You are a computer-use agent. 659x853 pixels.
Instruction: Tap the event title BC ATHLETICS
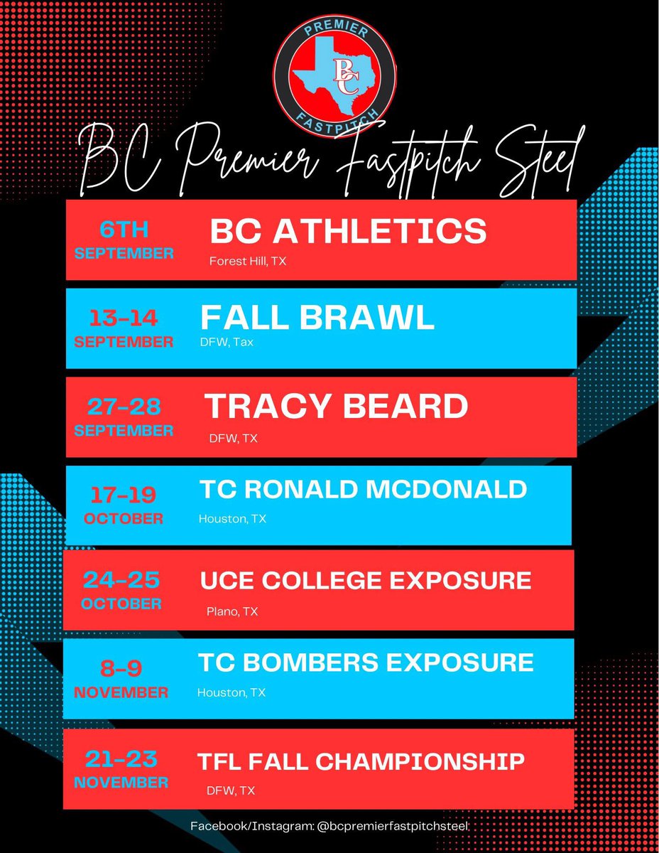(x=348, y=232)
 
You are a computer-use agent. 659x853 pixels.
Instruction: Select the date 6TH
(x=124, y=231)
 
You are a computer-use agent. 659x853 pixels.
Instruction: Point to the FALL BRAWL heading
(x=317, y=318)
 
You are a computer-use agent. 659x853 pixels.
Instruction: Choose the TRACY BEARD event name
(x=337, y=406)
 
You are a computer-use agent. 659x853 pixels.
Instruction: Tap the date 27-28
(x=124, y=407)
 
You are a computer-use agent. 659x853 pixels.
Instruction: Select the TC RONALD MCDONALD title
(x=363, y=489)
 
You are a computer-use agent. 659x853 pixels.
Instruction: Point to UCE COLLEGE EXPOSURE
(x=366, y=580)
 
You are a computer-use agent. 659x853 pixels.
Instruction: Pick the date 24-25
(x=121, y=581)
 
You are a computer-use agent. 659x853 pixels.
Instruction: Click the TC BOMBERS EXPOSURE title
(x=366, y=662)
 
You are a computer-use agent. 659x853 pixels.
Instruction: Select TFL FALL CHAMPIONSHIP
(x=361, y=761)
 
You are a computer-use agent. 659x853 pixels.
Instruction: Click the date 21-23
(x=121, y=760)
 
